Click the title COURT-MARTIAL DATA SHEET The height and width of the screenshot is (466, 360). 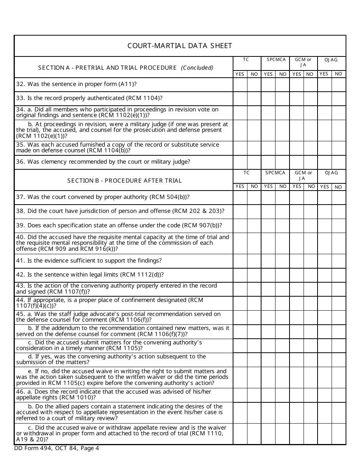[x=180, y=46]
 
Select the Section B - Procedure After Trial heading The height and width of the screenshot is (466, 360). [x=124, y=180]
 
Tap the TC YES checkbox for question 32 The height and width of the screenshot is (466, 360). [x=240, y=84]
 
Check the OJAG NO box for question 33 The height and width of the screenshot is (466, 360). [x=338, y=99]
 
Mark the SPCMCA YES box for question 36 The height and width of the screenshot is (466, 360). [x=268, y=162]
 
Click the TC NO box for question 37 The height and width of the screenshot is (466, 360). [x=254, y=197]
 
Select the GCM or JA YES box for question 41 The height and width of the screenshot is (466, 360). [x=296, y=261]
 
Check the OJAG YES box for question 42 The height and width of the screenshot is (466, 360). [x=324, y=275]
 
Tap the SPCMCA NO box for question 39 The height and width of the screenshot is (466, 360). [x=282, y=226]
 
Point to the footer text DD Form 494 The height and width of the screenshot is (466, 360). [x=56, y=448]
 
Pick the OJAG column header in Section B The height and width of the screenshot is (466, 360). [x=331, y=173]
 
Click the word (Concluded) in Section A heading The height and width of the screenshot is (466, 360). [x=197, y=68]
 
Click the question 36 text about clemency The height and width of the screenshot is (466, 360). [x=103, y=162]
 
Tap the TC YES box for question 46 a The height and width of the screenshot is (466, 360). [x=240, y=395]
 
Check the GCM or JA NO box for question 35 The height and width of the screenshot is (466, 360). [x=310, y=148]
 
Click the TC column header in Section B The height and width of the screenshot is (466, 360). [x=247, y=173]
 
